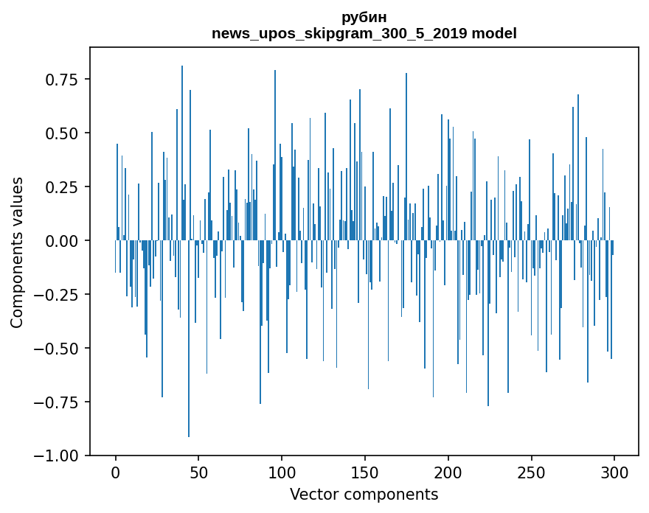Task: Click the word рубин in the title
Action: click(364, 17)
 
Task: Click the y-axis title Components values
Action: click(17, 252)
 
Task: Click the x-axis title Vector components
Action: click(364, 495)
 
